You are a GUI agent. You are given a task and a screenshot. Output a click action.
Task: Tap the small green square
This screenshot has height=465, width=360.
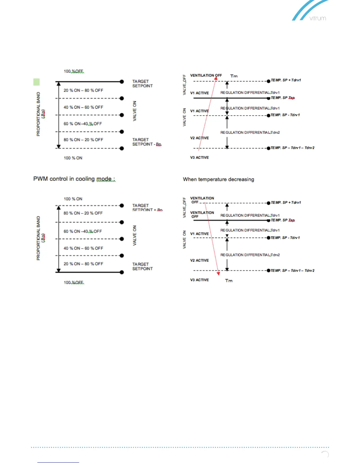point(36,82)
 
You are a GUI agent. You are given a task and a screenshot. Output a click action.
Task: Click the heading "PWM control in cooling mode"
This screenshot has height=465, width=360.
point(74,179)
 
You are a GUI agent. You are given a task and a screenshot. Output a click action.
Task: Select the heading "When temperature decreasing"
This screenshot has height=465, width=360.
point(218,179)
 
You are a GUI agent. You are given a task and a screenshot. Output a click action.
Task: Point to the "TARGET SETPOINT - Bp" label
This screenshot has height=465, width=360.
point(146,142)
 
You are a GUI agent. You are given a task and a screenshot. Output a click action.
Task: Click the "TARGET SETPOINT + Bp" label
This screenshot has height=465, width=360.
point(147,208)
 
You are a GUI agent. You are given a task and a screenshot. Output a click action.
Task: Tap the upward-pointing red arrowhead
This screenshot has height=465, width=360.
point(216,78)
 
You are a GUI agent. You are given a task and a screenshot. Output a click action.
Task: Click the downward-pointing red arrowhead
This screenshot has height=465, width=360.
point(218,274)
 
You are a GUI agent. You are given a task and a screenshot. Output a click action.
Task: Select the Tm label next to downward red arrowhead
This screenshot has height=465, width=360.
point(229,281)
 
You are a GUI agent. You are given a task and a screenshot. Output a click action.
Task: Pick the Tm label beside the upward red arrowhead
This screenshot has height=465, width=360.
point(234,76)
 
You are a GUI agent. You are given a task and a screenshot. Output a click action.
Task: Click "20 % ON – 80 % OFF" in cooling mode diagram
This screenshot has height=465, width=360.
point(83,264)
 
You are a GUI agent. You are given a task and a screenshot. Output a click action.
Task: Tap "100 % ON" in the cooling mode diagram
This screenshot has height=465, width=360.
point(73,199)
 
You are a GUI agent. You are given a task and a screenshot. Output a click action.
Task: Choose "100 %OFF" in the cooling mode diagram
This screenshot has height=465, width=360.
point(74,282)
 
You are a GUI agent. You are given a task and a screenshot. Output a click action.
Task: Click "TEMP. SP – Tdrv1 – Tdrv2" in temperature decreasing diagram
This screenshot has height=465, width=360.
point(292,271)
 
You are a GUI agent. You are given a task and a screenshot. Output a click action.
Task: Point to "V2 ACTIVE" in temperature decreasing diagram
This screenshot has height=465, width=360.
point(199,260)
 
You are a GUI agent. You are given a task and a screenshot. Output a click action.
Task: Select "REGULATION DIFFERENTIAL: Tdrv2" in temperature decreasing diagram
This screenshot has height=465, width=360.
point(250,255)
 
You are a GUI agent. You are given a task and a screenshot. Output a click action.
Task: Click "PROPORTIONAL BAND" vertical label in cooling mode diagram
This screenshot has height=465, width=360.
point(38,238)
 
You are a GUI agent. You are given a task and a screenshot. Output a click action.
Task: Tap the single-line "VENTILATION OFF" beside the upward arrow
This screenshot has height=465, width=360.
point(206,75)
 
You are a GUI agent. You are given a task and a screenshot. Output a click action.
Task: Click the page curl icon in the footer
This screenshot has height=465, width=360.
point(325,454)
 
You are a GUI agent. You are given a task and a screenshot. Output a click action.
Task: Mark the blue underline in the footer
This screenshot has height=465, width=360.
point(58,462)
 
